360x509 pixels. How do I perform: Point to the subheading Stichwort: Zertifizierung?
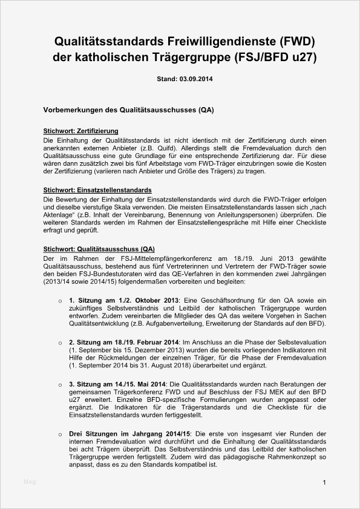[x=80, y=131]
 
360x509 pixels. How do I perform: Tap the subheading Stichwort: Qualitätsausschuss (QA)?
[x=99, y=249]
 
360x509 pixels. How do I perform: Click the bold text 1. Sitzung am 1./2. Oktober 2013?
[x=124, y=301]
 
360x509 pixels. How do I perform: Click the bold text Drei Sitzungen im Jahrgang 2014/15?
[x=129, y=434]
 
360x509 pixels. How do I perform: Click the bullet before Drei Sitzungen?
[x=59, y=435]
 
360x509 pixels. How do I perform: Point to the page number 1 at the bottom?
[x=325, y=482]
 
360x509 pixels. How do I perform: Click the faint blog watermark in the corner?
[x=30, y=482]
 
